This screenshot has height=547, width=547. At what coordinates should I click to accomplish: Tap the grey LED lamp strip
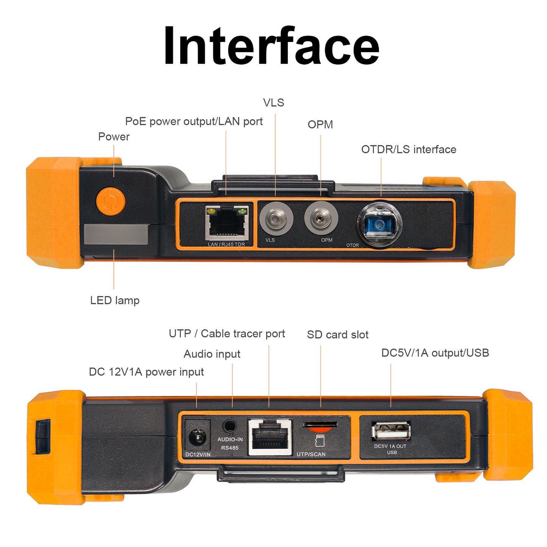pos(116,234)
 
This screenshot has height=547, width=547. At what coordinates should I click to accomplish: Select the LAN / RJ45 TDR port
pos(226,223)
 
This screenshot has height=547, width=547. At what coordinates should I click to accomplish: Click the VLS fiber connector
pos(276,219)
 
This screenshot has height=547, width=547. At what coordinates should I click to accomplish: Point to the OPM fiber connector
pos(321,218)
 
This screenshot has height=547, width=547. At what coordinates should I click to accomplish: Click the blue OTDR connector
pos(379,224)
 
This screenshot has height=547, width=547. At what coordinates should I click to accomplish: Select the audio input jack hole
pos(229,426)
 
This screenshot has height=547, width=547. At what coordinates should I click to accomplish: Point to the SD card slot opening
pos(320,424)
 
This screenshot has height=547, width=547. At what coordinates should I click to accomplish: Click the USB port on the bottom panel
pos(391,431)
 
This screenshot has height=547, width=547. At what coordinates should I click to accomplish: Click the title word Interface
pos(271,46)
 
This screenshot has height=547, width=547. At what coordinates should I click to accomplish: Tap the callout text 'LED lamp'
pos(115,301)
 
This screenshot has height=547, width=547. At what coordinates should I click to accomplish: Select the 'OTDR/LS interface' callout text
pos(408,150)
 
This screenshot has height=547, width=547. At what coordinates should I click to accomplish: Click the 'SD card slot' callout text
pos(338,335)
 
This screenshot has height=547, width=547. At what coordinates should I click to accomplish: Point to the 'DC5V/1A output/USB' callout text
pos(435,353)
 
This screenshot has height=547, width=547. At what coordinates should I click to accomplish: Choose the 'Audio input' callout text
pos(212,354)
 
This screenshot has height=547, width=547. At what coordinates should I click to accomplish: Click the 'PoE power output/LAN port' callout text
pos(194,122)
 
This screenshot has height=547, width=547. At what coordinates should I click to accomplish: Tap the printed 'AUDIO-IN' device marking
pos(230,439)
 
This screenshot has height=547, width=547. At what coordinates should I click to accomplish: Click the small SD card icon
pos(320,440)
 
